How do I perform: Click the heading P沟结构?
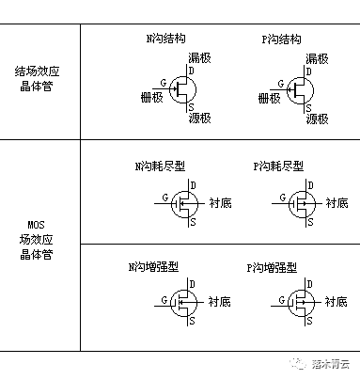pyautogui.click(x=281, y=40)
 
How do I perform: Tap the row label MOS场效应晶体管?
pyautogui.click(x=39, y=241)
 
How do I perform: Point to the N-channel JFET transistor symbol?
pyautogui.click(x=185, y=90)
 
